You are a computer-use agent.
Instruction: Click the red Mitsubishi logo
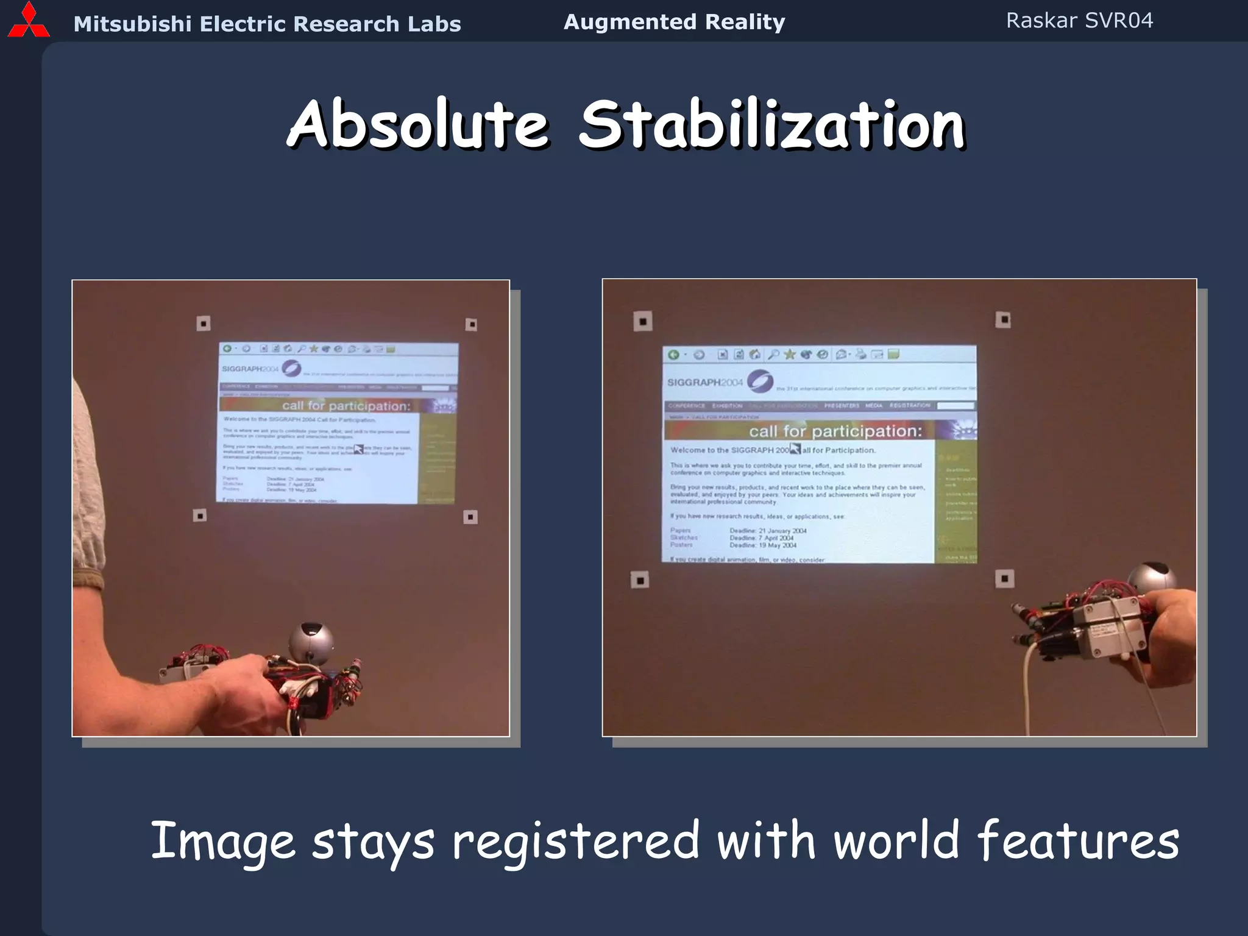pyautogui.click(x=29, y=21)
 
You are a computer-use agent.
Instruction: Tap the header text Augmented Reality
pyautogui.click(x=674, y=22)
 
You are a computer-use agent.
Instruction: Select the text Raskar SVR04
pyautogui.click(x=1079, y=21)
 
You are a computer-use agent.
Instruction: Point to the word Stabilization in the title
pyautogui.click(x=771, y=124)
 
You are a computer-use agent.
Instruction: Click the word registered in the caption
pyautogui.click(x=575, y=841)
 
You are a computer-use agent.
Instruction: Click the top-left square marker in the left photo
pyautogui.click(x=204, y=323)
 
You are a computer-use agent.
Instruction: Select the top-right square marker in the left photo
pyautogui.click(x=471, y=324)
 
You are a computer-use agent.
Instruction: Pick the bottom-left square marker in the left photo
pyautogui.click(x=199, y=516)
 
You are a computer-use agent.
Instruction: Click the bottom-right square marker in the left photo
pyautogui.click(x=470, y=517)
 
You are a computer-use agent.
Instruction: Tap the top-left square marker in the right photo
pyautogui.click(x=642, y=321)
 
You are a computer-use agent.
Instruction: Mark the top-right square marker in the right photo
pyautogui.click(x=1002, y=319)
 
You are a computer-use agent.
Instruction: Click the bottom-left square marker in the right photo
pyautogui.click(x=639, y=580)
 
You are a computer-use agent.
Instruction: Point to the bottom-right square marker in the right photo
pyautogui.click(x=1004, y=578)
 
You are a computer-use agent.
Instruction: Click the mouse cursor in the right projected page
pyautogui.click(x=795, y=449)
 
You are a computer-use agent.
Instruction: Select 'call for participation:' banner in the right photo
pyautogui.click(x=835, y=431)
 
